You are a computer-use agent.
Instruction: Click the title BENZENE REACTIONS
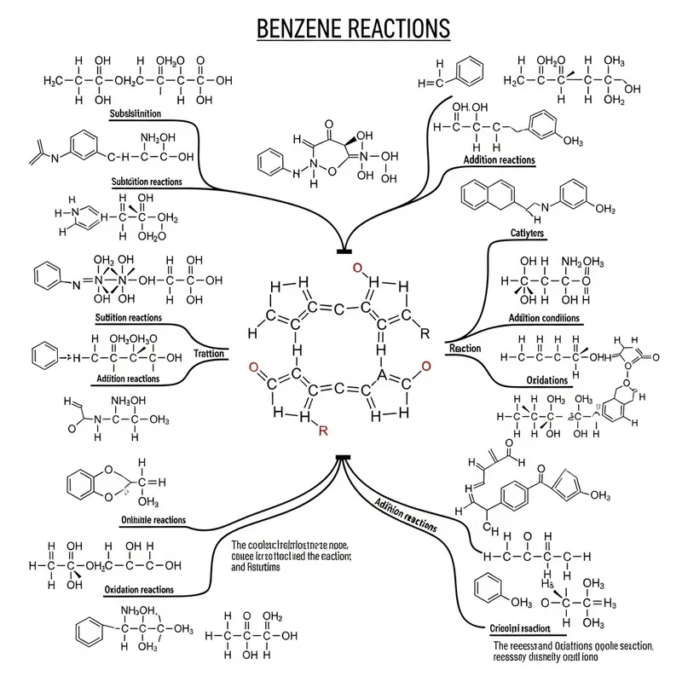[x=353, y=27]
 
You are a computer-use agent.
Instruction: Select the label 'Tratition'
[x=208, y=353]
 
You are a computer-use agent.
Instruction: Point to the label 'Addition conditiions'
[x=544, y=318]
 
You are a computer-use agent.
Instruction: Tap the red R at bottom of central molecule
[x=322, y=431]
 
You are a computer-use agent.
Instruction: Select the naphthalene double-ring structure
[x=488, y=195]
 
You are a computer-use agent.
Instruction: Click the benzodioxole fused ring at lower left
[x=91, y=482]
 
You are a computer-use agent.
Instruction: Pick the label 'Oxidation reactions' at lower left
[x=139, y=590]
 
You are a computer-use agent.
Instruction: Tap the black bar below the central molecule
[x=343, y=459]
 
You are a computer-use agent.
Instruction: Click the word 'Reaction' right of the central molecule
[x=465, y=349]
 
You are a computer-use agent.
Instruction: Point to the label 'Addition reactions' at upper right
[x=500, y=159]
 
